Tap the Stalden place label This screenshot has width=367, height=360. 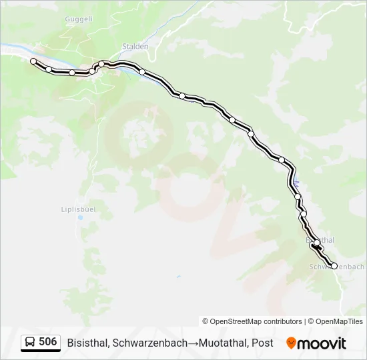click(x=135, y=47)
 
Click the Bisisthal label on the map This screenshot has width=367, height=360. click(x=321, y=239)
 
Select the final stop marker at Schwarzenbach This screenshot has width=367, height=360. click(x=334, y=265)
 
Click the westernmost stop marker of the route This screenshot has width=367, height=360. click(x=33, y=61)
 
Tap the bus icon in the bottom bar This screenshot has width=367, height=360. click(x=30, y=343)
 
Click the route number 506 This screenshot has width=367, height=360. click(x=48, y=342)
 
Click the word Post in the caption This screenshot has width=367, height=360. click(x=263, y=343)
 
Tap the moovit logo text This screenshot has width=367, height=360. click(x=322, y=343)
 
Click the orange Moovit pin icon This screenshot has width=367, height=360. click(x=291, y=343)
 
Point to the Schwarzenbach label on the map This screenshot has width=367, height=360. click(x=337, y=267)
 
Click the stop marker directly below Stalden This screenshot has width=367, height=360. click(x=142, y=71)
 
